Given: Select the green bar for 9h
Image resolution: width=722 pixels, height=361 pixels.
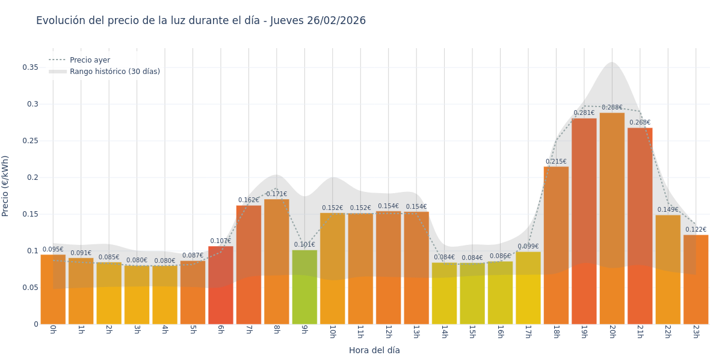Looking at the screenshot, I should coord(304,287).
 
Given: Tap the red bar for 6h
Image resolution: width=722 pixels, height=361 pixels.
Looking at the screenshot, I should coord(221,285).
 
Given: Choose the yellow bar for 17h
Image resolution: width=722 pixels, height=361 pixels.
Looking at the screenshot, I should coord(528,288).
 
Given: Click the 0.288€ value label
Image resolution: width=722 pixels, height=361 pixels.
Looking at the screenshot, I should coord(612,108).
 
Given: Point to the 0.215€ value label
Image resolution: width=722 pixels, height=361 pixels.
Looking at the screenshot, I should coord(556,162).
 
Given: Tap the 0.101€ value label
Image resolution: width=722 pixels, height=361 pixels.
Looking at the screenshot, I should coord(304,245).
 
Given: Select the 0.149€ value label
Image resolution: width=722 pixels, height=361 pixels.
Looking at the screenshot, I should coord(668,210).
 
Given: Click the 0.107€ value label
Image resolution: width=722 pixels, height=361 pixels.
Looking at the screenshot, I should coord(221,241).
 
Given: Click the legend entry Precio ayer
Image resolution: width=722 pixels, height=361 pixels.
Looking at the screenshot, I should coord(90,60).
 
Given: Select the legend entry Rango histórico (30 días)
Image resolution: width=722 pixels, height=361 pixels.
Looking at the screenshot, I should coord(114,72).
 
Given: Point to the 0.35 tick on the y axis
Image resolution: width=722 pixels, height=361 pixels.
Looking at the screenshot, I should coord(31,67).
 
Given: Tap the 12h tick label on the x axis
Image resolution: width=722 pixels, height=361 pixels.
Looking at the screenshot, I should coord(388,332).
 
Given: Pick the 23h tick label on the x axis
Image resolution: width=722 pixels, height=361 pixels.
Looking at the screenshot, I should coord(696,332).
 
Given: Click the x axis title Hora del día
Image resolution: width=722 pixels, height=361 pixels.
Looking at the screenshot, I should coord(374,350).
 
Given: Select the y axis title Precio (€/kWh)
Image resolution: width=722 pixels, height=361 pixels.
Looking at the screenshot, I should coord(5,186).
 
